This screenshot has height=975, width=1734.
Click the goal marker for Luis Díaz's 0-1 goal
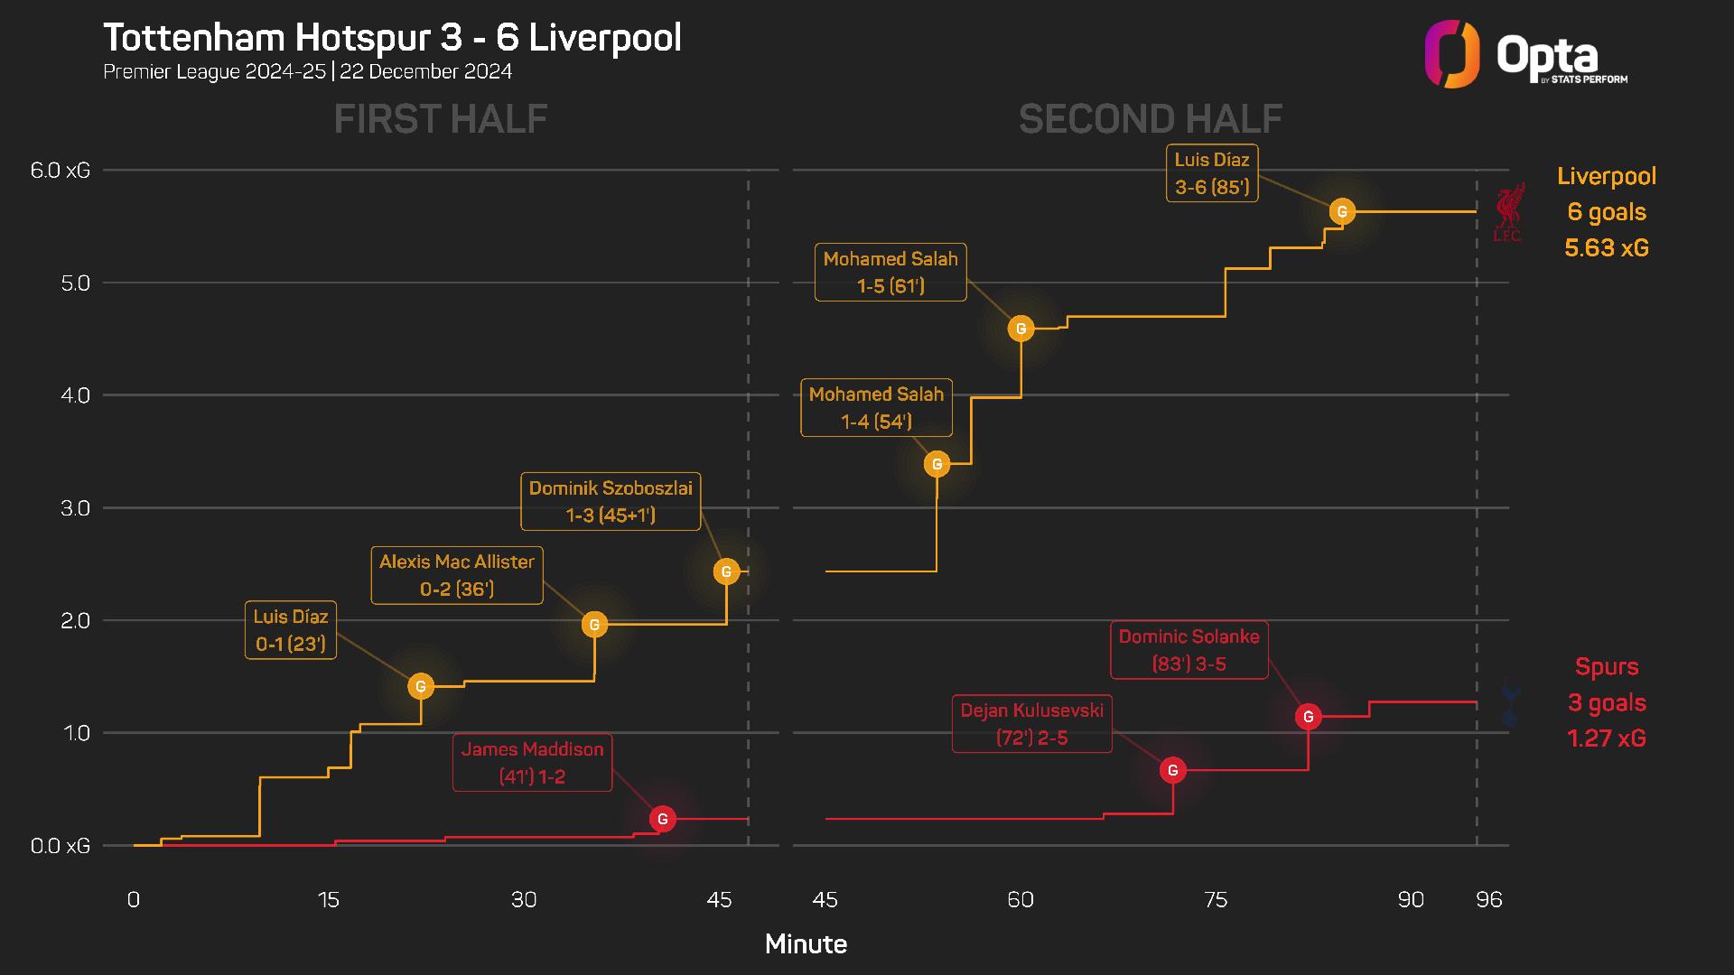421,687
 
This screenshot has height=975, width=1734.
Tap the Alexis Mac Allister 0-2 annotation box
457,575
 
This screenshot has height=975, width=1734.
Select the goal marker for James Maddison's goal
663,819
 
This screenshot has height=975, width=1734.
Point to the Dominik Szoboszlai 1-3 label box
611,501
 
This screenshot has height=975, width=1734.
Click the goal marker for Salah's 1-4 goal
937,464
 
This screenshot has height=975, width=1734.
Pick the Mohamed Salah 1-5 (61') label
890,272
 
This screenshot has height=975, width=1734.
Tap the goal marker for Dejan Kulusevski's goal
1173,770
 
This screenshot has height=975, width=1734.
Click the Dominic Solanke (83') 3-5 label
1189,650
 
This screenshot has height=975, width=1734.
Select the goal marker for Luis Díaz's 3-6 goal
1342,211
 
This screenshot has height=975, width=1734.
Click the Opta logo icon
1452,54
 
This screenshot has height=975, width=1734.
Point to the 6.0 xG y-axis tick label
61,170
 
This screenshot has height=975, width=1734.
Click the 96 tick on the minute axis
1488,899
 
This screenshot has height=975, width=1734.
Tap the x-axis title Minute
806,944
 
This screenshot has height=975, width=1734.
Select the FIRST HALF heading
441,119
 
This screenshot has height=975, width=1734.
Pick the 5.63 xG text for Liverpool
1607,248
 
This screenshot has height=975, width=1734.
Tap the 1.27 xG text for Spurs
1607,738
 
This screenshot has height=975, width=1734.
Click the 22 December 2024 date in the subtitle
426,71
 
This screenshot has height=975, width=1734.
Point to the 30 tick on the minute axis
524,899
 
